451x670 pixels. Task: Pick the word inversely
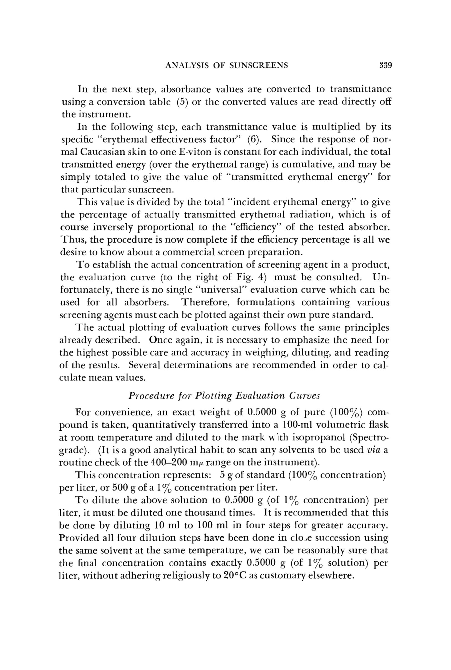113,227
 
